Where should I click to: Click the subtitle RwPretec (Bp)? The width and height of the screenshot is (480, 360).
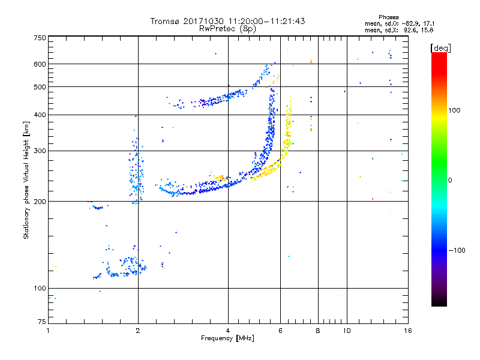tap(228, 28)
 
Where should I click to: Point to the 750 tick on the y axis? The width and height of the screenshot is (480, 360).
tap(40, 38)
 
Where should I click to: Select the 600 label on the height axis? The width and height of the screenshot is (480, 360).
tap(40, 64)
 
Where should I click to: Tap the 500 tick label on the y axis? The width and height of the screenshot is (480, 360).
tap(40, 87)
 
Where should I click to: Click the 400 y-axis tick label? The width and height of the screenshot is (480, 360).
tap(40, 115)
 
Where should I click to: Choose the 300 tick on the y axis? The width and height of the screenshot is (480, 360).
tap(40, 151)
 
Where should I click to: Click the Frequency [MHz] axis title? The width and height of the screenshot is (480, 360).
tap(228, 338)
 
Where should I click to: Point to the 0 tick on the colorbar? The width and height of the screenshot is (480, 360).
tap(451, 180)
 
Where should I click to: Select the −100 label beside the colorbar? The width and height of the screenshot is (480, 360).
tap(456, 250)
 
